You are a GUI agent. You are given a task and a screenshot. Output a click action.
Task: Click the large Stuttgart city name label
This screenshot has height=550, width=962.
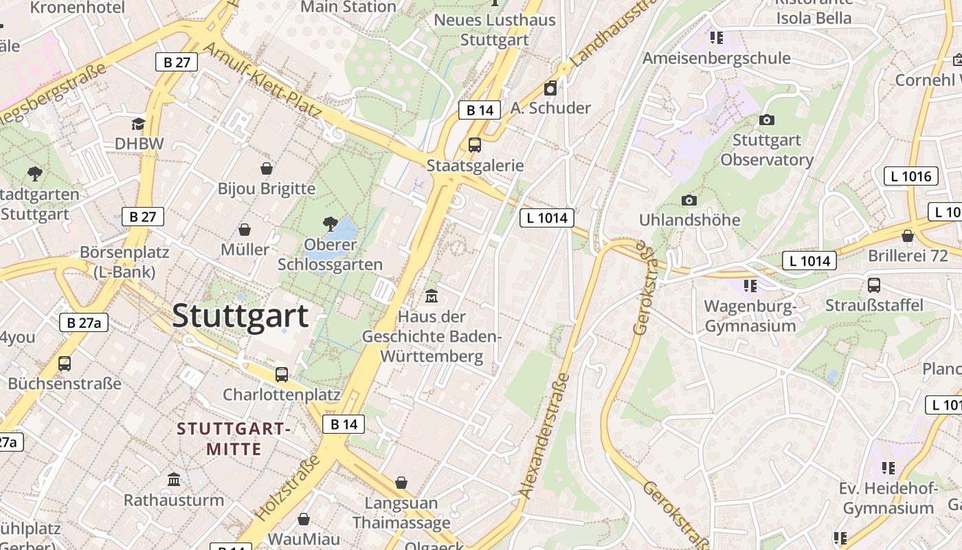click(240, 316)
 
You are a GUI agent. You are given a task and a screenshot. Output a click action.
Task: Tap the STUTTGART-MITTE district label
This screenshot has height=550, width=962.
click(234, 439)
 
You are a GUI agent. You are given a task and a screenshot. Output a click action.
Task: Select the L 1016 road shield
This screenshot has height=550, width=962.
click(910, 176)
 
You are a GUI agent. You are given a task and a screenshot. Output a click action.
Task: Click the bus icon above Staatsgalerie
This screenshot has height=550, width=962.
click(475, 145)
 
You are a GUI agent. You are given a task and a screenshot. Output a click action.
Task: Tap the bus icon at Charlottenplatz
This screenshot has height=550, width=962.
click(282, 375)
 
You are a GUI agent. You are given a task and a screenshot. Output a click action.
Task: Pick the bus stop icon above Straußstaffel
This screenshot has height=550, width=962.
click(874, 285)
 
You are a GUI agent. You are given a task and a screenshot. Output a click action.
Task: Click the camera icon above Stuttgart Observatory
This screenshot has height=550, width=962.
click(767, 120)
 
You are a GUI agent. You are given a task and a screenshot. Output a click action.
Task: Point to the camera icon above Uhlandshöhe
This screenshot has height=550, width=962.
click(689, 200)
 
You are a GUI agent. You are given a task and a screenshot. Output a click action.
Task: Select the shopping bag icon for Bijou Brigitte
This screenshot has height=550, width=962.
click(267, 168)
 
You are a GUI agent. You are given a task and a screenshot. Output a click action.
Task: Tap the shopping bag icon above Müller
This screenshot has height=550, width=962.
click(245, 230)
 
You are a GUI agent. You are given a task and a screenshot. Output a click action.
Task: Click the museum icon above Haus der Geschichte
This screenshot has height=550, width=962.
click(432, 296)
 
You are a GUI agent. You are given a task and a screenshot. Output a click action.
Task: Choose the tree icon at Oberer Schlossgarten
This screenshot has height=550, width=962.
click(331, 223)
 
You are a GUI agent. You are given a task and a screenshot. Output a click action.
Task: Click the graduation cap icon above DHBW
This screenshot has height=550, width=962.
click(139, 124)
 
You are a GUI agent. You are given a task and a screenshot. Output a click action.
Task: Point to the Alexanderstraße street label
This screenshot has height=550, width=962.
click(546, 435)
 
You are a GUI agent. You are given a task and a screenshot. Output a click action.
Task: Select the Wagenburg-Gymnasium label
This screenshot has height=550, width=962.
click(750, 316)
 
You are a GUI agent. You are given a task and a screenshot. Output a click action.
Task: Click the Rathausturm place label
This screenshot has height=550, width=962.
click(174, 500)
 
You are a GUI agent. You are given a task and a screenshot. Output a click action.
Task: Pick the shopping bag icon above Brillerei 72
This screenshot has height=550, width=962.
click(908, 236)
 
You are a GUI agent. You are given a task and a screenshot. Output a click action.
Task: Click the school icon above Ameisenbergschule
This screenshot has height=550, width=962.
click(717, 38)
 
